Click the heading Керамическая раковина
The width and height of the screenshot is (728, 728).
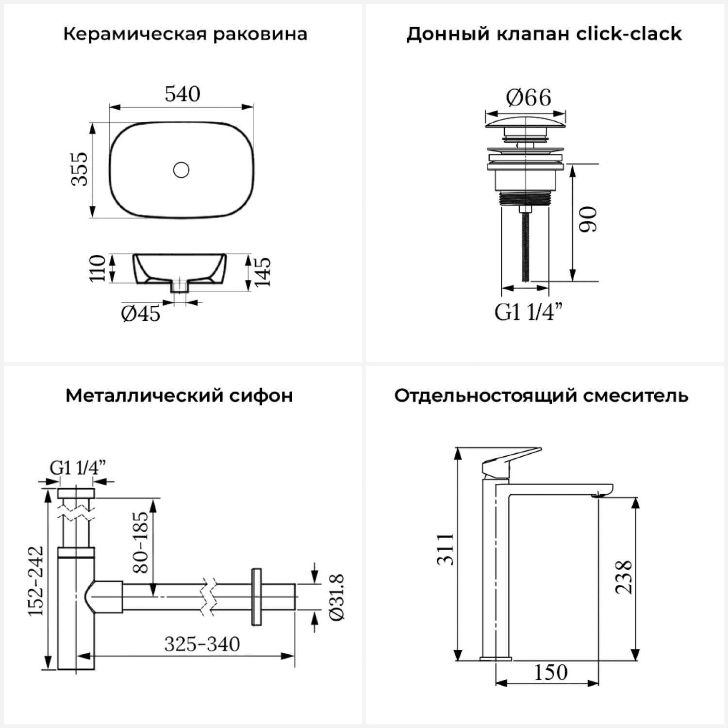[x=185, y=34]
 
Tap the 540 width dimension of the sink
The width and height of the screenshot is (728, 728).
[x=182, y=94]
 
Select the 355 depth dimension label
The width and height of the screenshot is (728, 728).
[x=80, y=169]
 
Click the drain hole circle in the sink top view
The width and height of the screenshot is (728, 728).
[x=181, y=170]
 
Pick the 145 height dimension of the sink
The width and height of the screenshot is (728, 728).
[x=263, y=272]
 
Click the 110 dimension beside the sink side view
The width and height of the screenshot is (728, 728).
[x=97, y=268]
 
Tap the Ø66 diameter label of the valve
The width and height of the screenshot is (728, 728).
[x=529, y=98]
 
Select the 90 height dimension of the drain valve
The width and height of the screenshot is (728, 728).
[x=588, y=219]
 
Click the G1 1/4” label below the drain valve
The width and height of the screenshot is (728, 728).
[x=529, y=312]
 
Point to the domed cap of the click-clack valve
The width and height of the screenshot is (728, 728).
[x=526, y=121]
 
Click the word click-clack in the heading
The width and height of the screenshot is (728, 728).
[x=629, y=34]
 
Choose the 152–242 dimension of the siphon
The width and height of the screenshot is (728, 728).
[x=36, y=581]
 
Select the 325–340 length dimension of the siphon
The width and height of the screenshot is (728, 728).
[x=202, y=645]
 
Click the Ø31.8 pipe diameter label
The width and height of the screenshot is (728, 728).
[x=336, y=597]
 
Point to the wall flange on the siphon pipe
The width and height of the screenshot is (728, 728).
[x=257, y=596]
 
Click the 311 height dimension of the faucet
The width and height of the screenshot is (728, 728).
[x=446, y=549]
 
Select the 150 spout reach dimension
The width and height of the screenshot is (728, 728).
[x=551, y=673]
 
